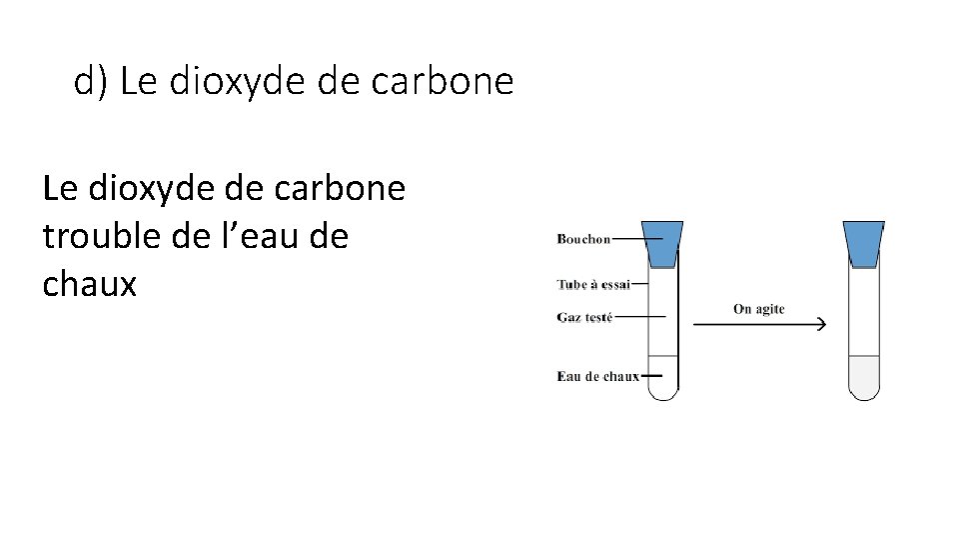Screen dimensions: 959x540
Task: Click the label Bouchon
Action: pos(583,239)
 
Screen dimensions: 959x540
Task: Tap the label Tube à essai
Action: pos(593,284)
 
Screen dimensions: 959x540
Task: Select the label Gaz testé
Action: pos(584,317)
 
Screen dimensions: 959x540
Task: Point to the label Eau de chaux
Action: pos(597,376)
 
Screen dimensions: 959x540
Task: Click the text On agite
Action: pos(758,309)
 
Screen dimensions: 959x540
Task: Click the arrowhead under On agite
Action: pos(820,324)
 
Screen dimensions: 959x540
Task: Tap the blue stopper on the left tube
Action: pos(661,243)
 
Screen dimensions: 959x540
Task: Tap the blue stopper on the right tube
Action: pos(863,243)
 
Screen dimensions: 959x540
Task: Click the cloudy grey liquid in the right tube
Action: pos(863,377)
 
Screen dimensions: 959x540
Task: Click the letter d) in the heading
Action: pos(90,82)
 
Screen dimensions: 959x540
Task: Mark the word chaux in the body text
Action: pos(89,284)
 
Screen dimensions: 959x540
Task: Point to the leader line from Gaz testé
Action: pos(639,317)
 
